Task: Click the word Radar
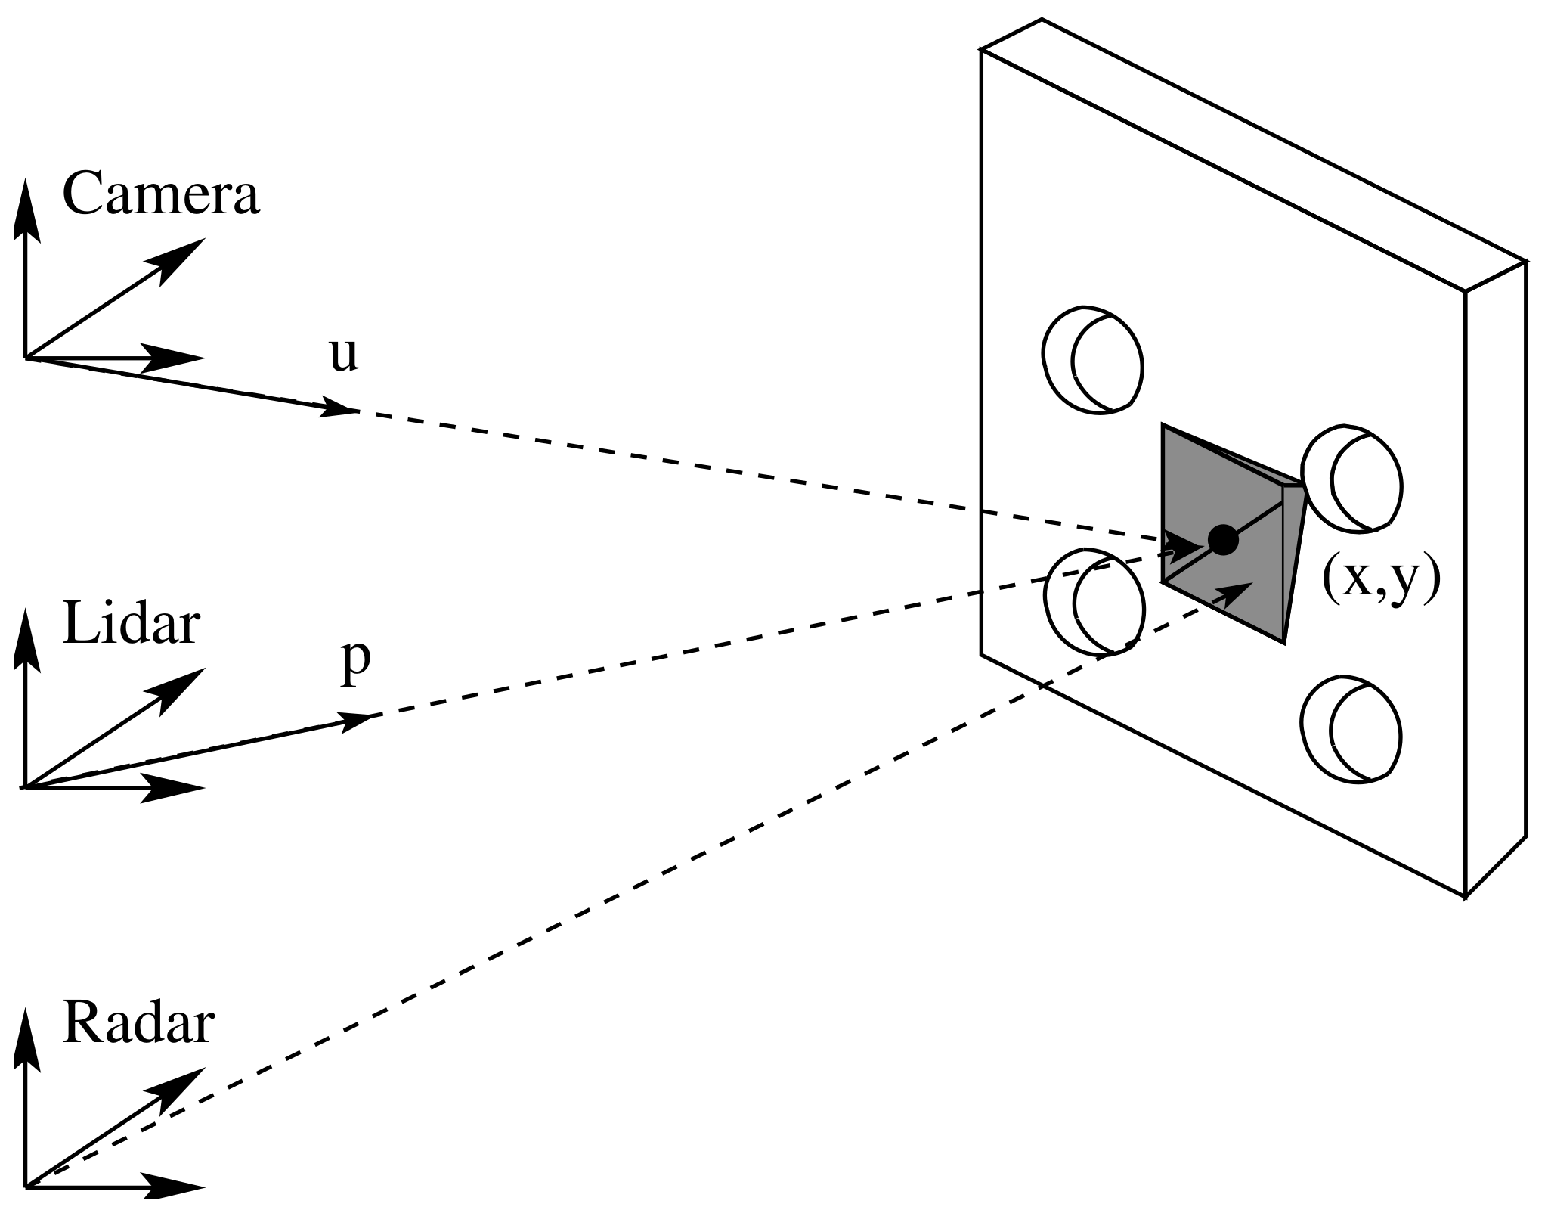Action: click(138, 1024)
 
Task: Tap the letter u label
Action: click(344, 355)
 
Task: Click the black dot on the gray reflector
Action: click(1222, 540)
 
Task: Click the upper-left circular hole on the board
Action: click(1093, 360)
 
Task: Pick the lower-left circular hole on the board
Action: click(1094, 601)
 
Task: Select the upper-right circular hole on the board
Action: click(1352, 477)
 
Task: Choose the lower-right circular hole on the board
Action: click(1352, 729)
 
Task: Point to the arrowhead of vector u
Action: click(340, 408)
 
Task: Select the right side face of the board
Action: click(1495, 579)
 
